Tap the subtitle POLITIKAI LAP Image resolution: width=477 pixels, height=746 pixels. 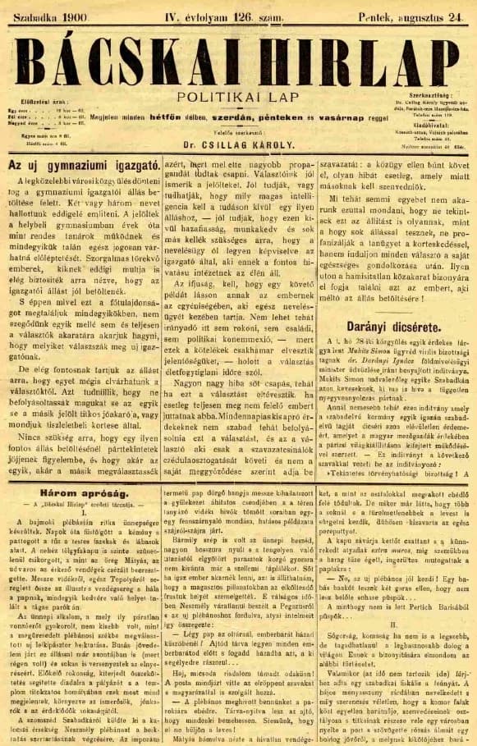pyautogui.click(x=238, y=96)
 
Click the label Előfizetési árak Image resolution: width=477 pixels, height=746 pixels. pyautogui.click(x=39, y=103)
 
